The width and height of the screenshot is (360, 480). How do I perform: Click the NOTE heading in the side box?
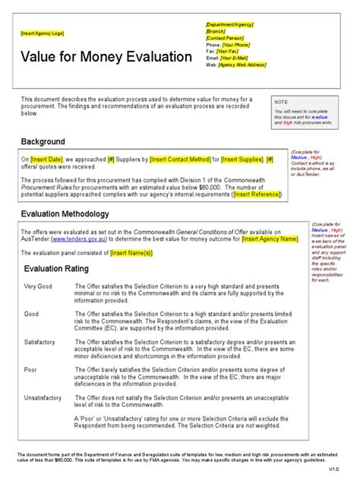282,101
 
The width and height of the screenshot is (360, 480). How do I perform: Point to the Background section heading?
43,142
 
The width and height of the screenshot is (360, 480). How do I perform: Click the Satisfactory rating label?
39,343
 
